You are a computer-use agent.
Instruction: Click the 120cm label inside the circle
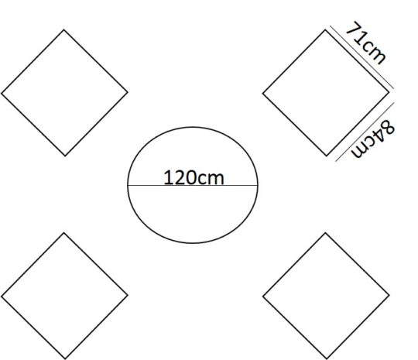coord(194,177)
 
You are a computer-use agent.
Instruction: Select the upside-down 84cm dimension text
coord(373,139)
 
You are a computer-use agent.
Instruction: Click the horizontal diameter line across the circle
coord(193,185)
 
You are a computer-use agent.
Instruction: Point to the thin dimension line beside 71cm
coord(361,57)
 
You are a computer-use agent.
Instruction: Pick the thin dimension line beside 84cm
coord(365,132)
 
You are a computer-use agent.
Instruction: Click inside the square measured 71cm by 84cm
coord(326,93)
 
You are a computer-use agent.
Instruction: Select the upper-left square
coord(64,93)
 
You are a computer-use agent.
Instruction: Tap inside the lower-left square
coord(64,296)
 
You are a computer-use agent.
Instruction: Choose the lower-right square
coord(326,296)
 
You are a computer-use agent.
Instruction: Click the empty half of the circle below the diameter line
coord(193,214)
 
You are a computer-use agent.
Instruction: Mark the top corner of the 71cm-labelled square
coord(325,30)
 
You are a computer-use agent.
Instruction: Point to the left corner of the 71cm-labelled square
coord(263,94)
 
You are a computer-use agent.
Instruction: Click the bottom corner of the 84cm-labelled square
coord(327,156)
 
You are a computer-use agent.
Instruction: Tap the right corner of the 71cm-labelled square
coord(389,92)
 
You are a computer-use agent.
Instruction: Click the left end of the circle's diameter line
coord(128,185)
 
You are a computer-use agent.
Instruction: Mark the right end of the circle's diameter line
coord(258,185)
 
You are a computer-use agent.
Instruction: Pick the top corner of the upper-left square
coord(64,30)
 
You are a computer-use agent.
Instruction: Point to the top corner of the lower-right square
coord(325,233)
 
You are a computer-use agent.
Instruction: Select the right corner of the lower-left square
coord(128,295)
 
